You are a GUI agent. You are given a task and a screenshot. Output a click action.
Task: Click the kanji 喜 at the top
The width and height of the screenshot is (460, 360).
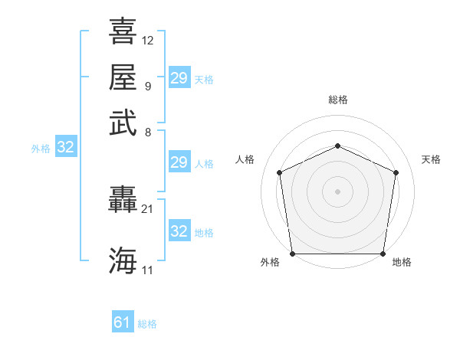123,31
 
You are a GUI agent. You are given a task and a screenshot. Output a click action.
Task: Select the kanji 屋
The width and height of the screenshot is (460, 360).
123,77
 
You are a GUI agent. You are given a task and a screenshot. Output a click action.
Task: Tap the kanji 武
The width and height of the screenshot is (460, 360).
123,123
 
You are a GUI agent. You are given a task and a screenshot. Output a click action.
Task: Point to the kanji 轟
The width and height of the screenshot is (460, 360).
123,199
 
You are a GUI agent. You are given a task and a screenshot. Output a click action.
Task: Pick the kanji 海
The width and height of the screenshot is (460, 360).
123,260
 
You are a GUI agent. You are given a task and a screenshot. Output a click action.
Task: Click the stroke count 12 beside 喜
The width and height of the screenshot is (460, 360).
147,41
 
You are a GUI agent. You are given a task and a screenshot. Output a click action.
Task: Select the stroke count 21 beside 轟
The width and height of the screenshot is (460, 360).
147,209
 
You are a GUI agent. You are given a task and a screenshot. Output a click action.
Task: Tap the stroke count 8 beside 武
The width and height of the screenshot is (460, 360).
148,133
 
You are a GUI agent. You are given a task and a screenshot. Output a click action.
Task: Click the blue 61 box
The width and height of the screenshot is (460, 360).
123,321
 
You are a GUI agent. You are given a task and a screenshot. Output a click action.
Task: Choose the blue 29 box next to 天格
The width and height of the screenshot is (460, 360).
179,77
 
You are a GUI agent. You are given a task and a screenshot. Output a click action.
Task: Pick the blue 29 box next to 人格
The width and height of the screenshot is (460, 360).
179,162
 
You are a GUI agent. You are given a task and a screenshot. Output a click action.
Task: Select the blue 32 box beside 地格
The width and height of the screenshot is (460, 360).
179,230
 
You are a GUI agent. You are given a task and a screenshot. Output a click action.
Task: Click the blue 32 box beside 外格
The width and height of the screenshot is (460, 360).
66,146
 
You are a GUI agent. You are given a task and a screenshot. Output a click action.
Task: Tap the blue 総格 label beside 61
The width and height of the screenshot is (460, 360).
147,324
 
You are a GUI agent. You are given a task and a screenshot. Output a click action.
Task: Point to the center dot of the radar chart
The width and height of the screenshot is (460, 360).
337,191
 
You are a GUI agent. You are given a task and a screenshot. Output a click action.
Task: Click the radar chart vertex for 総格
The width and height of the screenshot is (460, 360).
337,146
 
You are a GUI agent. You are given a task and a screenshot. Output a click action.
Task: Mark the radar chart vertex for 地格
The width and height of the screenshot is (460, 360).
383,254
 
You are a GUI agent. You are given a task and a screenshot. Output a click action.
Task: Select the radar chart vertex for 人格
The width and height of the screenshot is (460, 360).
280,172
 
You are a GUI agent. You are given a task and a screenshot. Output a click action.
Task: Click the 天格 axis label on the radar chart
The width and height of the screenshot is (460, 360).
431,159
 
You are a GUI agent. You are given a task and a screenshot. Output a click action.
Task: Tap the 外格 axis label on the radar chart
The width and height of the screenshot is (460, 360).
270,262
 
